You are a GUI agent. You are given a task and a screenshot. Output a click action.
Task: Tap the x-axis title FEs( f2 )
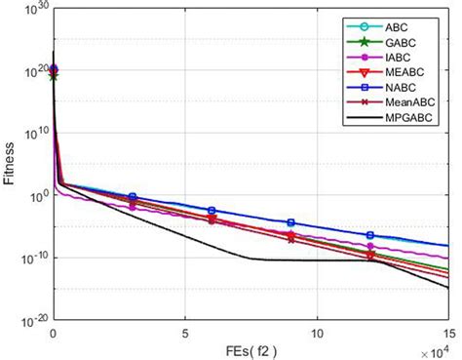250,349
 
